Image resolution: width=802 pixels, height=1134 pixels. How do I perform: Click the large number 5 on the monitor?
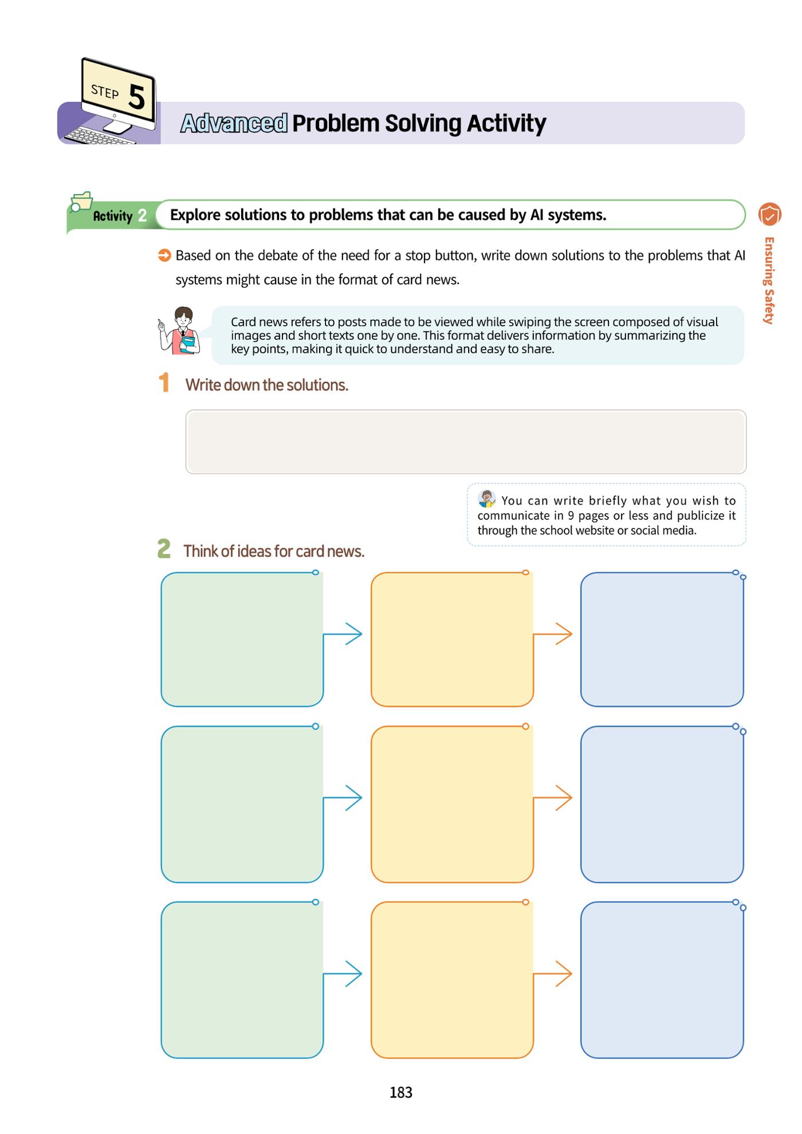(x=136, y=97)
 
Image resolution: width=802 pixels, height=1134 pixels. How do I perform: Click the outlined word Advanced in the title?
(x=234, y=123)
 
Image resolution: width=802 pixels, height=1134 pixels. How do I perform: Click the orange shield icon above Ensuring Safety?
(x=769, y=215)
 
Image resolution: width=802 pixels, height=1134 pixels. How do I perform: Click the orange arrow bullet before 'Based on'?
(x=164, y=255)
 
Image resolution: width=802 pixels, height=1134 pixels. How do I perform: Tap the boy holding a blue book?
(x=179, y=331)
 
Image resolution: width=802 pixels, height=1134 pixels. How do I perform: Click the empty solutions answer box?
(x=466, y=442)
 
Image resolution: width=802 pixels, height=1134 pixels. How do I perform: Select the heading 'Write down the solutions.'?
(x=266, y=385)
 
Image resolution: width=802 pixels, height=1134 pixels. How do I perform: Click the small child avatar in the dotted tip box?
(x=487, y=499)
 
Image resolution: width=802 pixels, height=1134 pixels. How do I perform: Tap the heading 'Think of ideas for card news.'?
(x=274, y=551)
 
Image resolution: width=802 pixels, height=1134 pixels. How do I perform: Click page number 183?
(x=401, y=1093)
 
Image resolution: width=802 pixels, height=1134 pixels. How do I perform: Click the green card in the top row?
(x=242, y=639)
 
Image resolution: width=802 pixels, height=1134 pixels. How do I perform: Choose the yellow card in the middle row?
(x=452, y=805)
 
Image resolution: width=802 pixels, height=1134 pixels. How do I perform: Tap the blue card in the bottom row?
(x=662, y=980)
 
